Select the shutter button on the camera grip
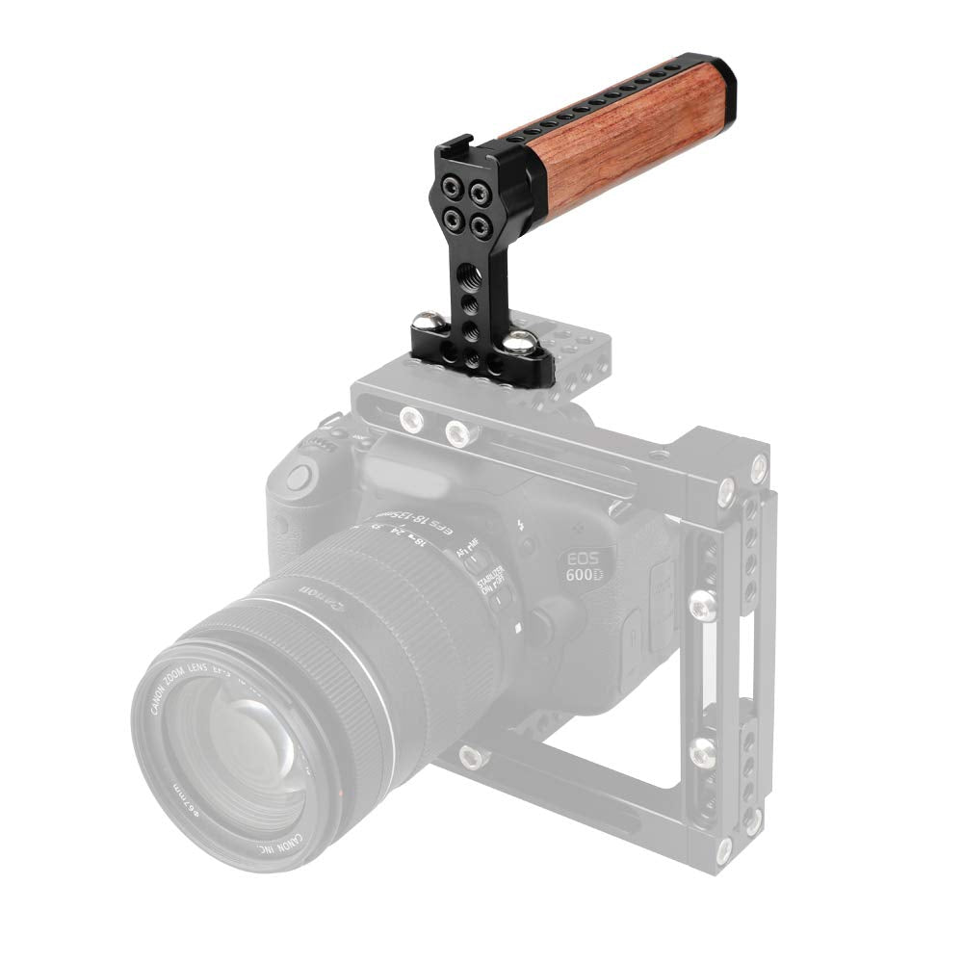[299, 474]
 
